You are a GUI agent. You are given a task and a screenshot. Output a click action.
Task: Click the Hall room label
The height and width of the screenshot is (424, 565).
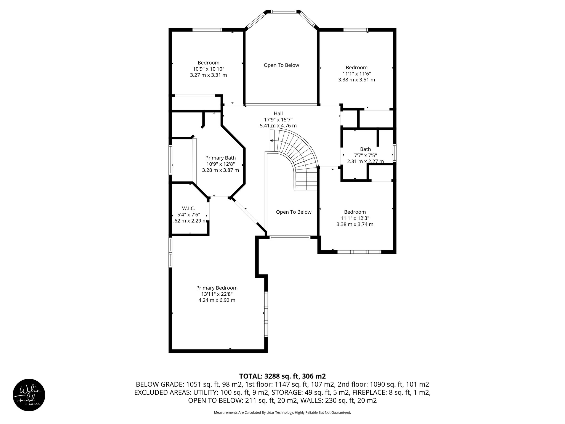click(x=278, y=113)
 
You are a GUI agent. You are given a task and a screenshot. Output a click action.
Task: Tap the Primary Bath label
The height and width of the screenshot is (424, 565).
click(x=220, y=158)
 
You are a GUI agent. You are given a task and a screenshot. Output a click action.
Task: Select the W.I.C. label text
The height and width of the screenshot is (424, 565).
click(x=188, y=208)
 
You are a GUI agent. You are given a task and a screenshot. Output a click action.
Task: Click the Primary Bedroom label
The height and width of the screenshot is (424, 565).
click(x=217, y=288)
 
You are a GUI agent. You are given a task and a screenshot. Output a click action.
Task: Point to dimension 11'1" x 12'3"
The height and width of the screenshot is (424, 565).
click(x=355, y=218)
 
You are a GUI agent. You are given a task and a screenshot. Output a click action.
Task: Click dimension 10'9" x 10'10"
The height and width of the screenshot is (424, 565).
click(x=208, y=69)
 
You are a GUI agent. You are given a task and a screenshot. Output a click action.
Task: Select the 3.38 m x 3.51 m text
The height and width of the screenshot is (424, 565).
click(x=356, y=80)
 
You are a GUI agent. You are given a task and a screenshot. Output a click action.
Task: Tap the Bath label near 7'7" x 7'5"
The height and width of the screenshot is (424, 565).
click(x=365, y=149)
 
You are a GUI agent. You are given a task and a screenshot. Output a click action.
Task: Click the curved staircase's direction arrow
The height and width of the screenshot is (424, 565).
click(x=272, y=141)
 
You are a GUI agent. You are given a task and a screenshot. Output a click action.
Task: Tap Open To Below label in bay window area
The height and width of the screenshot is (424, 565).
click(x=281, y=65)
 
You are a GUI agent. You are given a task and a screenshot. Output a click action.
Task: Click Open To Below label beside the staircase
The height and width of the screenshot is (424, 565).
click(x=294, y=212)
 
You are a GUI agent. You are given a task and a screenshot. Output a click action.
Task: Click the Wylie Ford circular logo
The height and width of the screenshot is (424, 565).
click(x=29, y=395)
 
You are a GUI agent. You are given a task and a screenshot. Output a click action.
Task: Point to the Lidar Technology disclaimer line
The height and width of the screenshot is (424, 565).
click(x=282, y=412)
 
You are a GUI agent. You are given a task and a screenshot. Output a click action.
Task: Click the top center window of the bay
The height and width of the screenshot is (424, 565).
click(x=284, y=12)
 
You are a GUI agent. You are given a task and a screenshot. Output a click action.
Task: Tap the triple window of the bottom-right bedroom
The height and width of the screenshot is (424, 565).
click(x=359, y=252)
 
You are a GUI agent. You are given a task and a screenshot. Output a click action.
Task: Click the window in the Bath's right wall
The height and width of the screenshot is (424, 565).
click(x=395, y=153)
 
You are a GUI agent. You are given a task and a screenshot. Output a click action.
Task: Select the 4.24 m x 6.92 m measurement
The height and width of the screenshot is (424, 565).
click(x=217, y=300)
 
